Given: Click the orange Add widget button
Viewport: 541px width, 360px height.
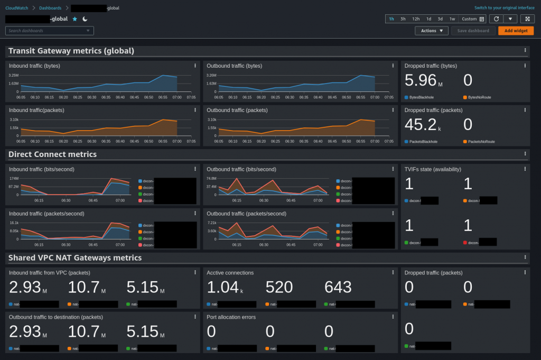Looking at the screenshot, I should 516,31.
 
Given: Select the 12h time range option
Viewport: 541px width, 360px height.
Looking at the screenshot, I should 416,19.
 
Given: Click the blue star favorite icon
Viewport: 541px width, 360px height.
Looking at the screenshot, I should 74,19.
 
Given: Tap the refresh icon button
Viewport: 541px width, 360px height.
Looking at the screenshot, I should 496,19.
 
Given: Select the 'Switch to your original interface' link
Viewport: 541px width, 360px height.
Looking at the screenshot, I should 505,8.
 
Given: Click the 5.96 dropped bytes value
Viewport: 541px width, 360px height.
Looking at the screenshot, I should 421,80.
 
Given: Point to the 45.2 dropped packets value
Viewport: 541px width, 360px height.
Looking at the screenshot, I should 421,125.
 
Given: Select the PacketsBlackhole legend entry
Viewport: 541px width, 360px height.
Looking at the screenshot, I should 423,142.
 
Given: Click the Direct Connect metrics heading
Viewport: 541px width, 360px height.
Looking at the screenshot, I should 52,154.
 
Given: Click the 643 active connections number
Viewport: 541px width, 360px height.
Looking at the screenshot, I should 338,287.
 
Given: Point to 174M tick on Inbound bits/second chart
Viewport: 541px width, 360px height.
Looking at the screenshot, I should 14,179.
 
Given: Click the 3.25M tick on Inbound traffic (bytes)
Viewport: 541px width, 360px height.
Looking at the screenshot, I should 14,75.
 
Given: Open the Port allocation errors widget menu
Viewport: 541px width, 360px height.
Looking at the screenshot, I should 393,317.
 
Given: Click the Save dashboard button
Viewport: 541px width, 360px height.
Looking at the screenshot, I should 473,31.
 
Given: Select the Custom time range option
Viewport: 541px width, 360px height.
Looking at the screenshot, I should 472,19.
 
